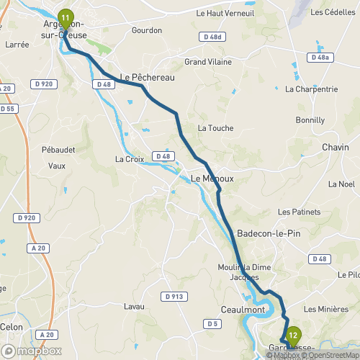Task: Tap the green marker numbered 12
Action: [x=292, y=335]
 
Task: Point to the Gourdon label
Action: [x=146, y=31]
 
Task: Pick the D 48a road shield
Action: [x=321, y=58]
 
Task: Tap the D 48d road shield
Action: [x=212, y=37]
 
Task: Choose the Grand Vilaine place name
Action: [x=207, y=62]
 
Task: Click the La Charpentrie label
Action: [x=311, y=90]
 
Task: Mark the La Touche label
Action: [x=215, y=128]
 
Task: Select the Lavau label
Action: [x=134, y=307]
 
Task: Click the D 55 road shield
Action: [x=7, y=109]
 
